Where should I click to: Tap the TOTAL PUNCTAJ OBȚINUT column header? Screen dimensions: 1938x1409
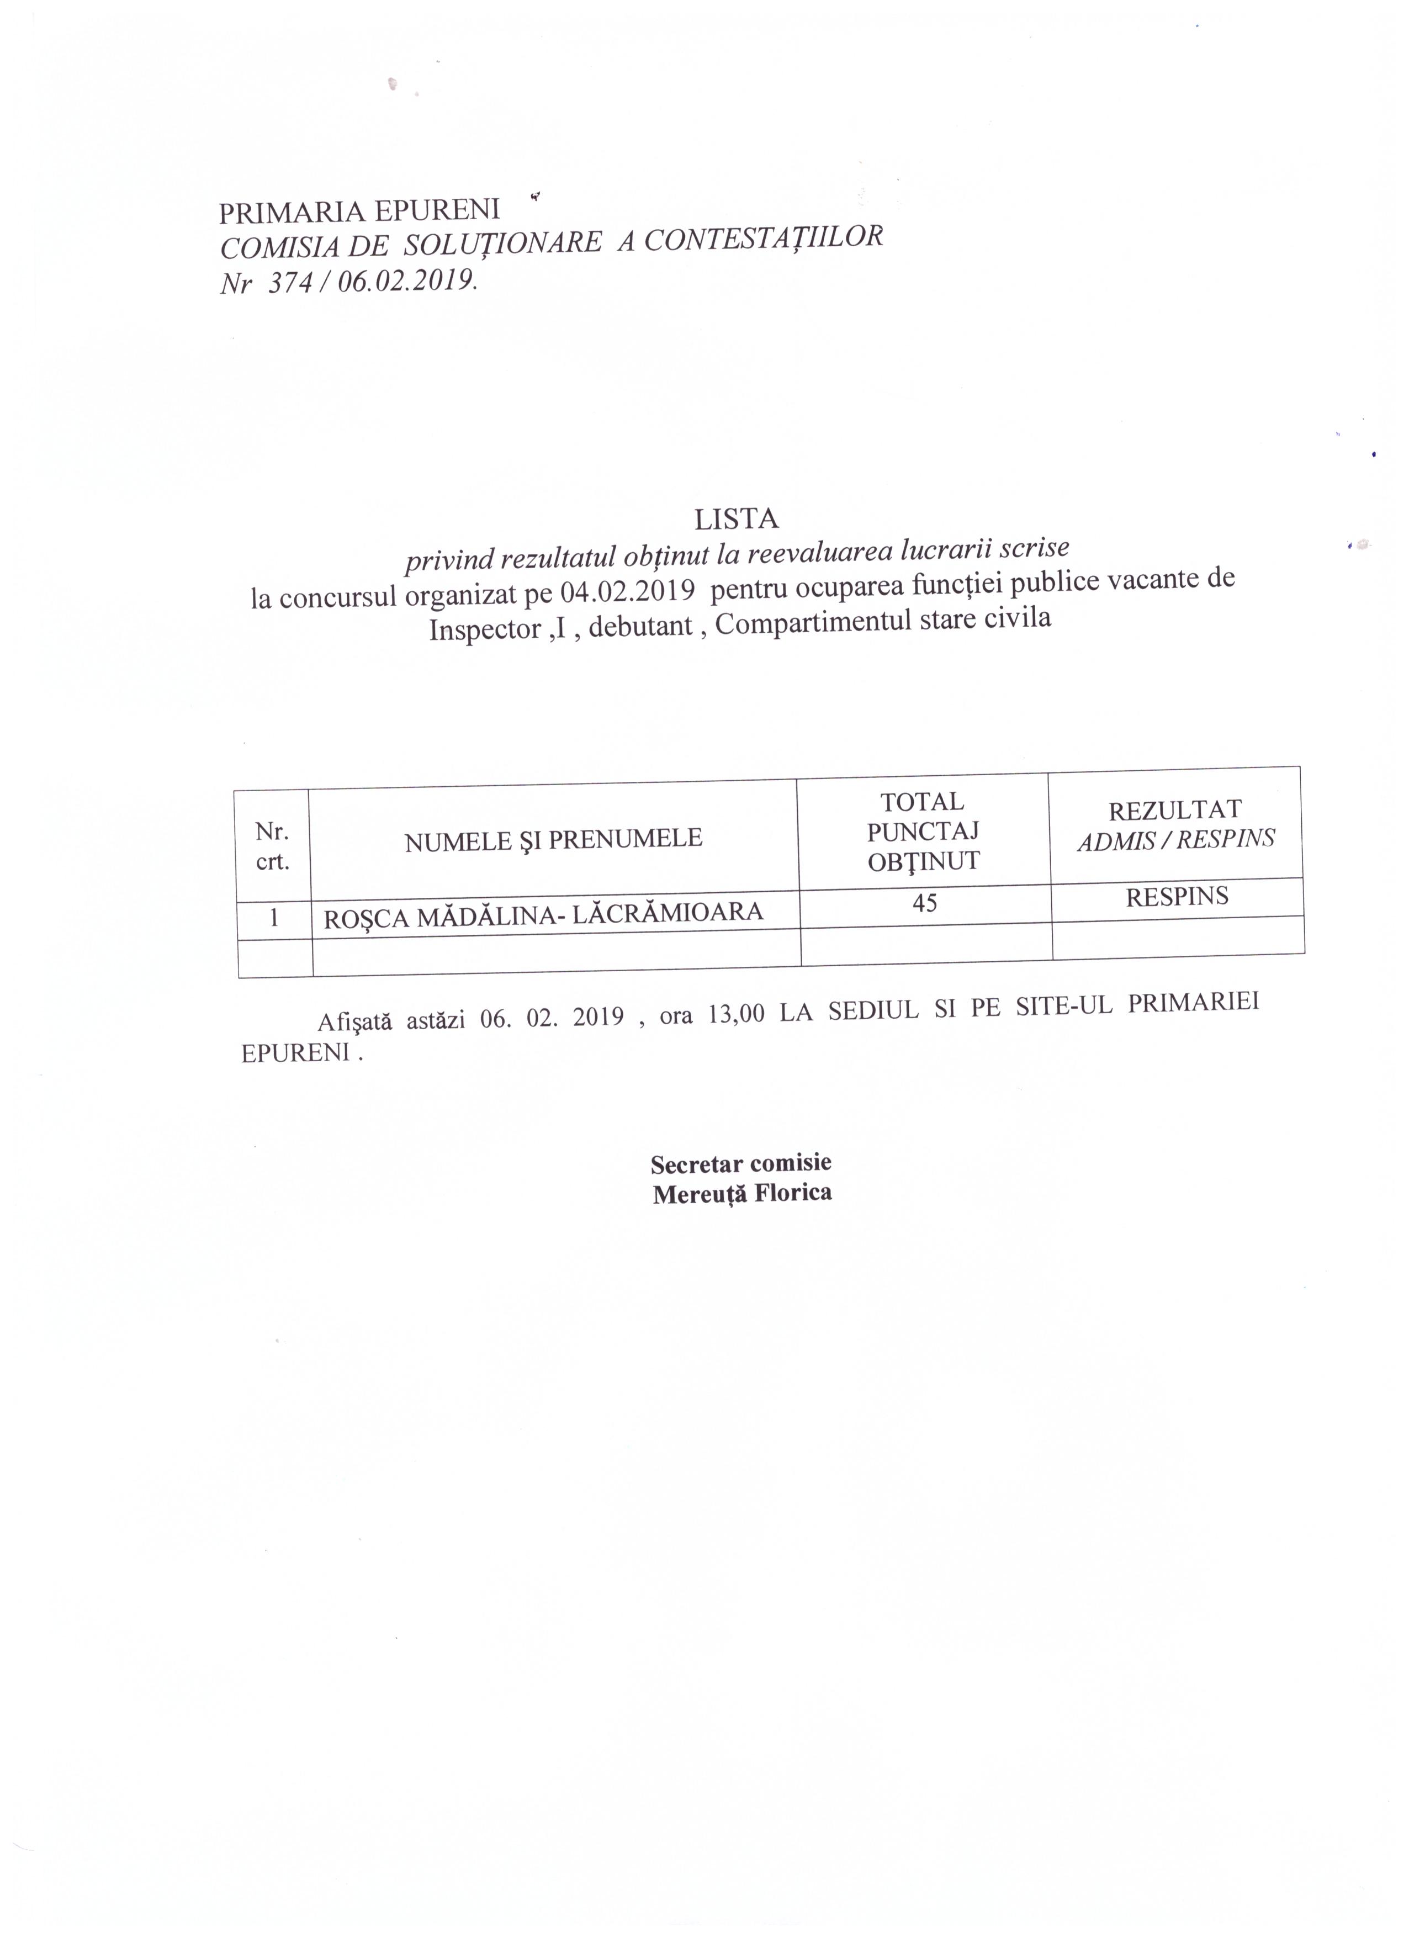click(923, 832)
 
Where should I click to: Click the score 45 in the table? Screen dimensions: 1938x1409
click(925, 902)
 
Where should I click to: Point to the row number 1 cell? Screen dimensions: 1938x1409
click(273, 918)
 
